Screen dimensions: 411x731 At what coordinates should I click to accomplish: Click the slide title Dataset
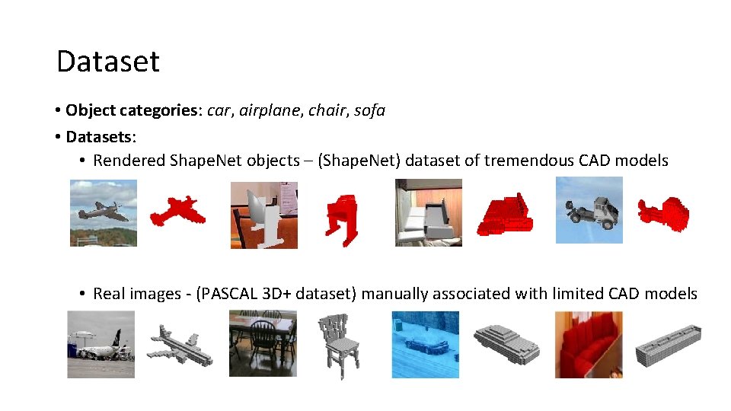[x=108, y=62]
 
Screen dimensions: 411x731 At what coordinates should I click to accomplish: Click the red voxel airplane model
[x=177, y=211]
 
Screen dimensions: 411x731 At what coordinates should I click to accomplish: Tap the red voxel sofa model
[x=504, y=213]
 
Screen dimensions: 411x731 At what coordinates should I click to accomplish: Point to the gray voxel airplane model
[x=179, y=343]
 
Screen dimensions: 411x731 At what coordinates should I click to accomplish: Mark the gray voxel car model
[x=506, y=343]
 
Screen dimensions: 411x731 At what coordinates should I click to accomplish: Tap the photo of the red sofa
[x=588, y=345]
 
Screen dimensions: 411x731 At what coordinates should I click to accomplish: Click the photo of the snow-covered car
[x=426, y=344]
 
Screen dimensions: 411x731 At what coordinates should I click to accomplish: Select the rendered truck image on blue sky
[x=589, y=210]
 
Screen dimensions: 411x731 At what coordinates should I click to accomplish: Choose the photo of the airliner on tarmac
[x=101, y=344]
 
